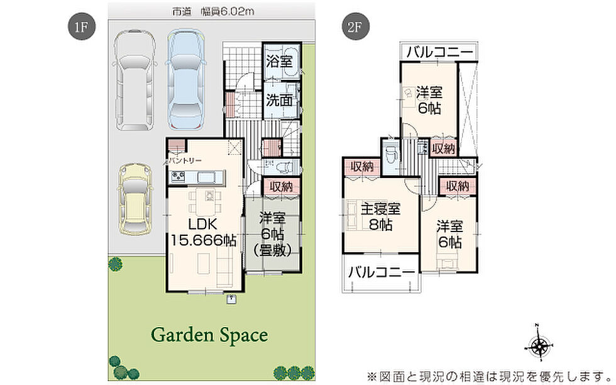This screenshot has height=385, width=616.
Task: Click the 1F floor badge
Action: click(x=81, y=27)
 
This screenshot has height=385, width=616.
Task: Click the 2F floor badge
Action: click(x=355, y=27)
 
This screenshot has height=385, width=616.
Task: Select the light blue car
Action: click(x=186, y=80)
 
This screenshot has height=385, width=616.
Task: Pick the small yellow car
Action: click(x=135, y=200)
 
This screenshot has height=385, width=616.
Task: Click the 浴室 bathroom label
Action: click(x=279, y=62)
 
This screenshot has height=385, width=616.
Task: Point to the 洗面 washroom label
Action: click(x=279, y=100)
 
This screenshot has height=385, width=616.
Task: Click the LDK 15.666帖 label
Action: click(x=203, y=232)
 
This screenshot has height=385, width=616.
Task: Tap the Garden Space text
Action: click(x=209, y=335)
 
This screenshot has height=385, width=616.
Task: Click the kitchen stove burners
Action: click(x=177, y=177)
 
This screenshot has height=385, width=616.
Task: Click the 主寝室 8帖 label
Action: click(x=381, y=216)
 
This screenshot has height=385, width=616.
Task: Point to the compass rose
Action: click(x=539, y=346)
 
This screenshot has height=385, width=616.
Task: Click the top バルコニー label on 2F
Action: click(x=439, y=52)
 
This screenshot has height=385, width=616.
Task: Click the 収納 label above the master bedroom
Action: click(x=362, y=167)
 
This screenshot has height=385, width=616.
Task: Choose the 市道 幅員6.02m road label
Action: click(x=213, y=11)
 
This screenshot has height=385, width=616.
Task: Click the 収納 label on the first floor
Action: click(x=282, y=186)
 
